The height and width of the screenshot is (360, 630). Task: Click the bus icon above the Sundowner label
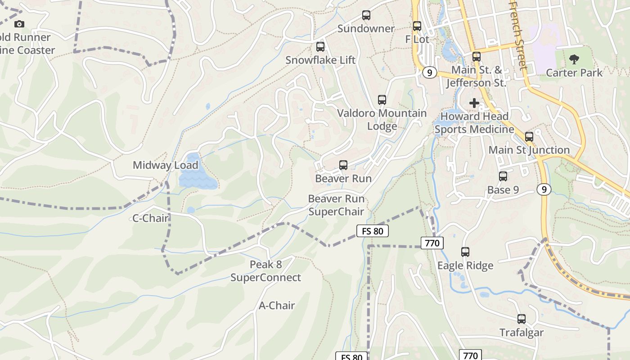point(366,15)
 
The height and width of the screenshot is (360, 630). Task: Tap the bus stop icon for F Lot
point(417,26)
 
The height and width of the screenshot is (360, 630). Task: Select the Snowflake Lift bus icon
point(320,47)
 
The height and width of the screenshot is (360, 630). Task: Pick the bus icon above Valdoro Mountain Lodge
point(382,100)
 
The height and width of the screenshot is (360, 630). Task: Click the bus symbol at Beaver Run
point(343,165)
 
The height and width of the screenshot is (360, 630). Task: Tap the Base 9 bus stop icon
point(503,176)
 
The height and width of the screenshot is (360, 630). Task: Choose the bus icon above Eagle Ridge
point(465,252)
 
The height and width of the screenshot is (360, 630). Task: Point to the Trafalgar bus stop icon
point(522,319)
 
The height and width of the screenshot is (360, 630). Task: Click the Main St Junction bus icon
point(529,136)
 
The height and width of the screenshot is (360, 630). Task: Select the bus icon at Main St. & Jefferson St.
point(477,57)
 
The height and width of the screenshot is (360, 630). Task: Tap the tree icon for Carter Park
point(574,59)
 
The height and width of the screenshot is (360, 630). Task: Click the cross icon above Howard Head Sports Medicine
point(474,103)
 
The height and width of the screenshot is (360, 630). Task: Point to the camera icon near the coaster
point(19,24)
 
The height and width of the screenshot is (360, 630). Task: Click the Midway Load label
point(165,165)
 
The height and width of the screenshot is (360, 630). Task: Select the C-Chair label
point(150,218)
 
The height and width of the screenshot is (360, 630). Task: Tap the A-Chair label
point(277,306)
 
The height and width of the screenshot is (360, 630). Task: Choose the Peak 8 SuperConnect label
point(265,271)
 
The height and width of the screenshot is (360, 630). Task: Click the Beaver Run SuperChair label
point(336,205)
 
